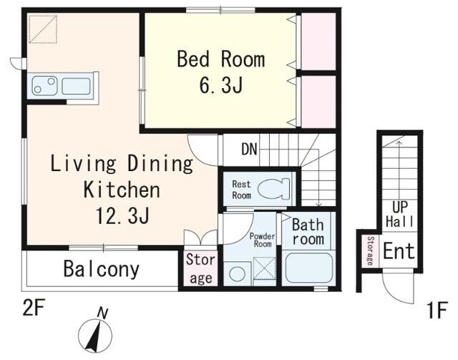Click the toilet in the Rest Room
coord(274,189)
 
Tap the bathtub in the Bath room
coord(308,268)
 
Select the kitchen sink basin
coord(77,86)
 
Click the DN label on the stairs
coord(249,149)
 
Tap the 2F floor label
coord(34,308)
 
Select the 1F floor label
coord(437,310)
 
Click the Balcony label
coord(102,269)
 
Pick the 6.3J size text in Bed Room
coord(221,85)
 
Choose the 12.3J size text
coord(123,215)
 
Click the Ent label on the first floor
coord(399,250)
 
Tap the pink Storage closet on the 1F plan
coord(371,250)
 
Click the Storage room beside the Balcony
coord(201,268)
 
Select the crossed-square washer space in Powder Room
coord(264,268)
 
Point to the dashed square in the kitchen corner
coord(43,29)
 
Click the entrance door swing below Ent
coord(398,287)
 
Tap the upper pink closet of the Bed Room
coord(318,42)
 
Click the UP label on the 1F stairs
coord(400,207)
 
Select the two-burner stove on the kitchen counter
coord(44,85)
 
